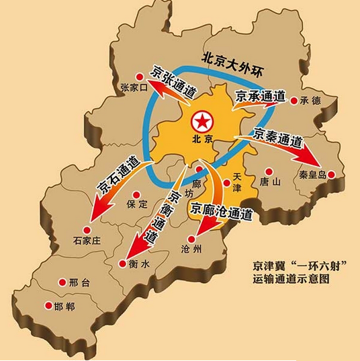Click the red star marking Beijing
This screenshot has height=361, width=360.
click(x=201, y=122)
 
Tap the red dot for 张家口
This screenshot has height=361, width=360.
click(x=140, y=77)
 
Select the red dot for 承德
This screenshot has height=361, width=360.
click(x=294, y=101)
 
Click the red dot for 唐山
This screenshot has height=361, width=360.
click(x=269, y=171)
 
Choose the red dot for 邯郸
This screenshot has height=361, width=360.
click(x=48, y=306)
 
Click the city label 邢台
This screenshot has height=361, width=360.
click(x=79, y=283)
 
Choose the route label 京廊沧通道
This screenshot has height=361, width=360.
click(x=222, y=212)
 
